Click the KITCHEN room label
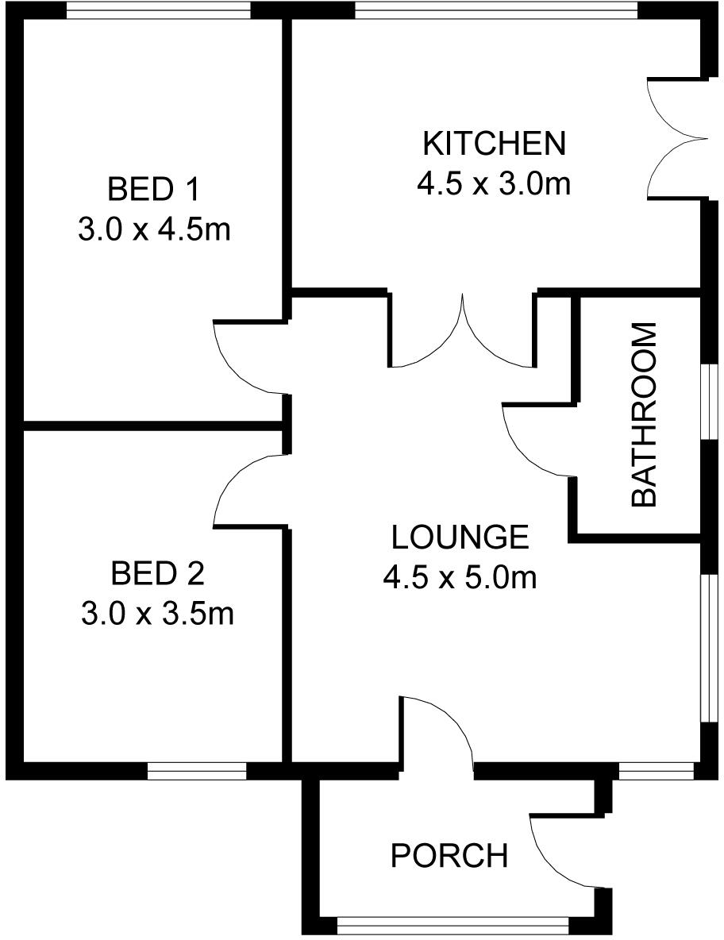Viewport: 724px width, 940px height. [x=494, y=144]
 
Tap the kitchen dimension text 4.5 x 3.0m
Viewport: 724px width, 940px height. [x=494, y=184]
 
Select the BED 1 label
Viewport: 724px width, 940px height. [x=154, y=190]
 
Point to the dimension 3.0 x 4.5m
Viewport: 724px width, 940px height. [x=154, y=230]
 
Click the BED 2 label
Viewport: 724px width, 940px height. [x=157, y=572]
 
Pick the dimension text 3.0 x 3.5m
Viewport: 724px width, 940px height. [x=157, y=613]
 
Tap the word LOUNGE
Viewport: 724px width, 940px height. [x=460, y=537]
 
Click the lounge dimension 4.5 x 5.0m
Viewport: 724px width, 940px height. [x=460, y=577]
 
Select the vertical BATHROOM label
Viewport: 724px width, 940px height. [x=644, y=414]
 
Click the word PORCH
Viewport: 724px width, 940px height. [x=449, y=856]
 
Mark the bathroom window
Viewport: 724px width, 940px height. [x=706, y=402]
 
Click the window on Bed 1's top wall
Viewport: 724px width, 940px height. [x=158, y=10]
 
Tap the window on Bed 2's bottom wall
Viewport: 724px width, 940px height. [x=197, y=770]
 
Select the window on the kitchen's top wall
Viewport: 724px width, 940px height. [x=496, y=10]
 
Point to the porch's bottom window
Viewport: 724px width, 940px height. [x=453, y=923]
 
